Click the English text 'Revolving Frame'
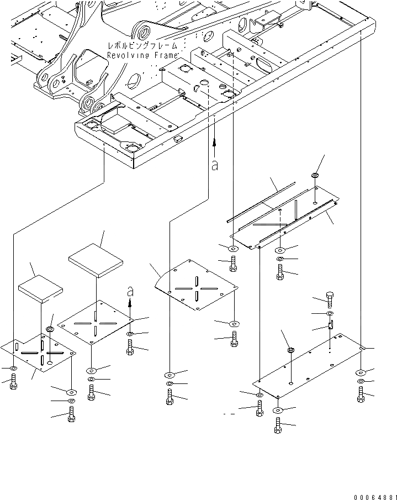tap(142, 55)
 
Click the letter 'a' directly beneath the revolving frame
tap(214, 164)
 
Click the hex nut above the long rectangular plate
tap(290, 350)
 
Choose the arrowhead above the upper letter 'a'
tap(214, 142)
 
